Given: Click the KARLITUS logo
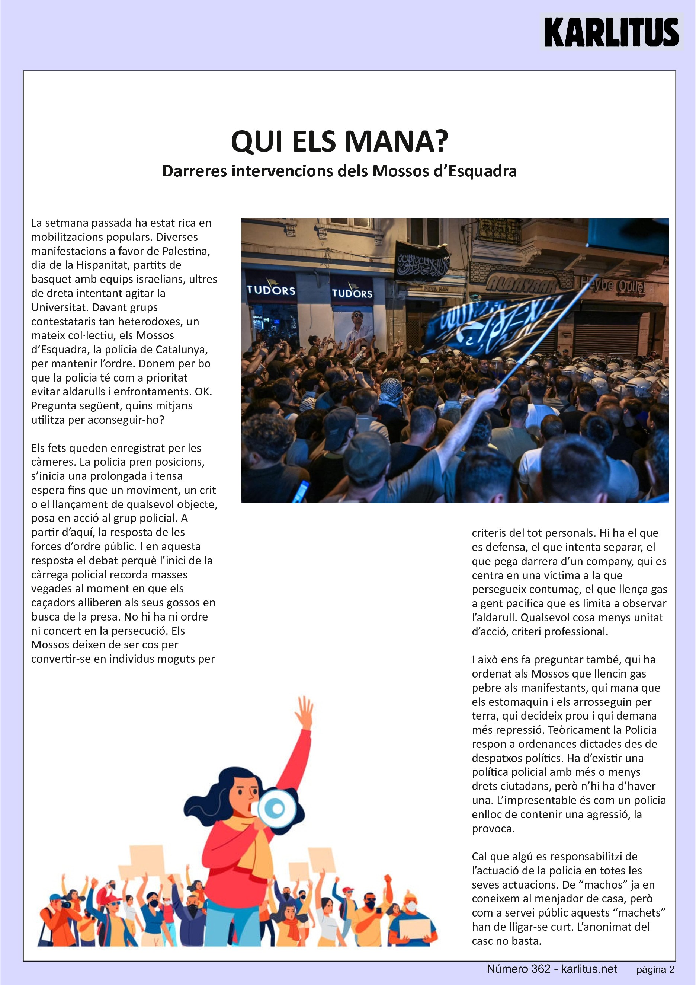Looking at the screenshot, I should pyautogui.click(x=611, y=32).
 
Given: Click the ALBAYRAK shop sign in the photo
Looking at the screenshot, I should pyautogui.click(x=522, y=284).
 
